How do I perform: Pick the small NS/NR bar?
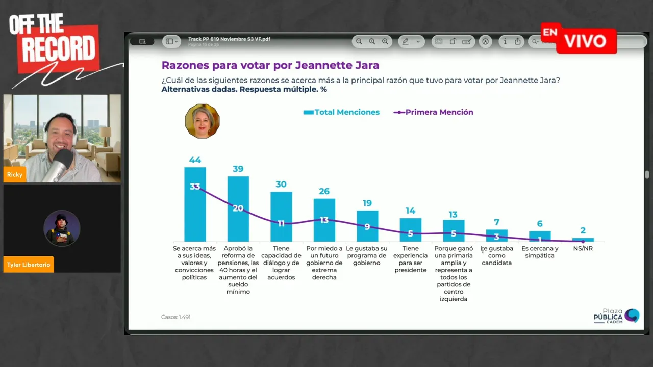pos(583,240)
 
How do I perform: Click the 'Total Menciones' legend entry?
pos(341,112)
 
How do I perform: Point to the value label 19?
pos(367,203)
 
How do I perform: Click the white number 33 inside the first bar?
pos(195,187)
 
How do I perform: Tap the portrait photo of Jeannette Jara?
pos(202,121)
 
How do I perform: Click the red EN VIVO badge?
pos(579,39)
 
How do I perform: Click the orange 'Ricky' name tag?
pos(15,175)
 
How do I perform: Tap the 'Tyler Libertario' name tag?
pos(29,265)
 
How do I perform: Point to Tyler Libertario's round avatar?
pos(62,228)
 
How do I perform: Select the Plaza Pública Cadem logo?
pos(616,316)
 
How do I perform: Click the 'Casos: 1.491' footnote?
pos(176,317)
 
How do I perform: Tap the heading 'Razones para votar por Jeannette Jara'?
pos(270,65)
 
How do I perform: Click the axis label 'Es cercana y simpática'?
pos(540,252)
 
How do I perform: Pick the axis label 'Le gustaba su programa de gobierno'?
pos(367,255)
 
